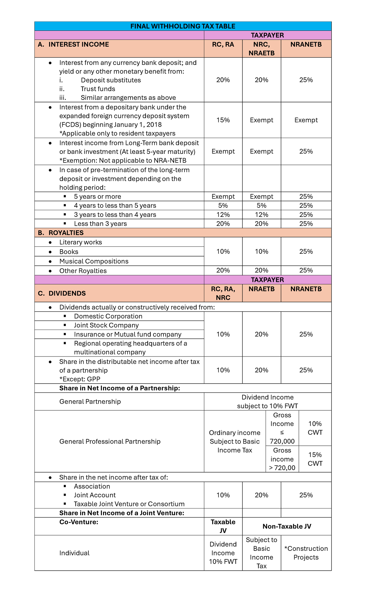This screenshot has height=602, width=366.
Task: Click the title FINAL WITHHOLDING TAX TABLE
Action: pos(183,26)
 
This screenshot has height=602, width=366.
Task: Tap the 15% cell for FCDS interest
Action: pos(223,120)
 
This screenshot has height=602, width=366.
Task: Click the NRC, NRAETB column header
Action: pos(261,49)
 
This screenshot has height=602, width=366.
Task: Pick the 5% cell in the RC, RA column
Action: pos(223,206)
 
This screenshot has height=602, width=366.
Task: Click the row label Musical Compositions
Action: pos(94,261)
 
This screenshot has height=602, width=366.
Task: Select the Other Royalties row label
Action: pos(83,271)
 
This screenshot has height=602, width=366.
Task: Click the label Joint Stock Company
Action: pos(106,325)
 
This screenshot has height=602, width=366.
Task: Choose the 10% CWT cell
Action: pos(315,428)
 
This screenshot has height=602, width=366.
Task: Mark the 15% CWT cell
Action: pos(315,459)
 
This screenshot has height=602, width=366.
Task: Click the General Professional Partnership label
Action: pos(110,441)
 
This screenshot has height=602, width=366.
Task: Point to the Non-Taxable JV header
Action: pos(287,526)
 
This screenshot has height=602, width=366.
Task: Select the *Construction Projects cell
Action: pos(306,553)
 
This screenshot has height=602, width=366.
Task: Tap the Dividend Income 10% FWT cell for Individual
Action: pos(223,553)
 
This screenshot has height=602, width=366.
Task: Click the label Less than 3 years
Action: pos(100,224)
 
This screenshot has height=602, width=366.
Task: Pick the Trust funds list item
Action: pos(98,89)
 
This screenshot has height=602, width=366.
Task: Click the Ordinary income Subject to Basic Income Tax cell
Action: pos(235,441)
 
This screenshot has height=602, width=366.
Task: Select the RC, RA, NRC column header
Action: pos(223,293)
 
